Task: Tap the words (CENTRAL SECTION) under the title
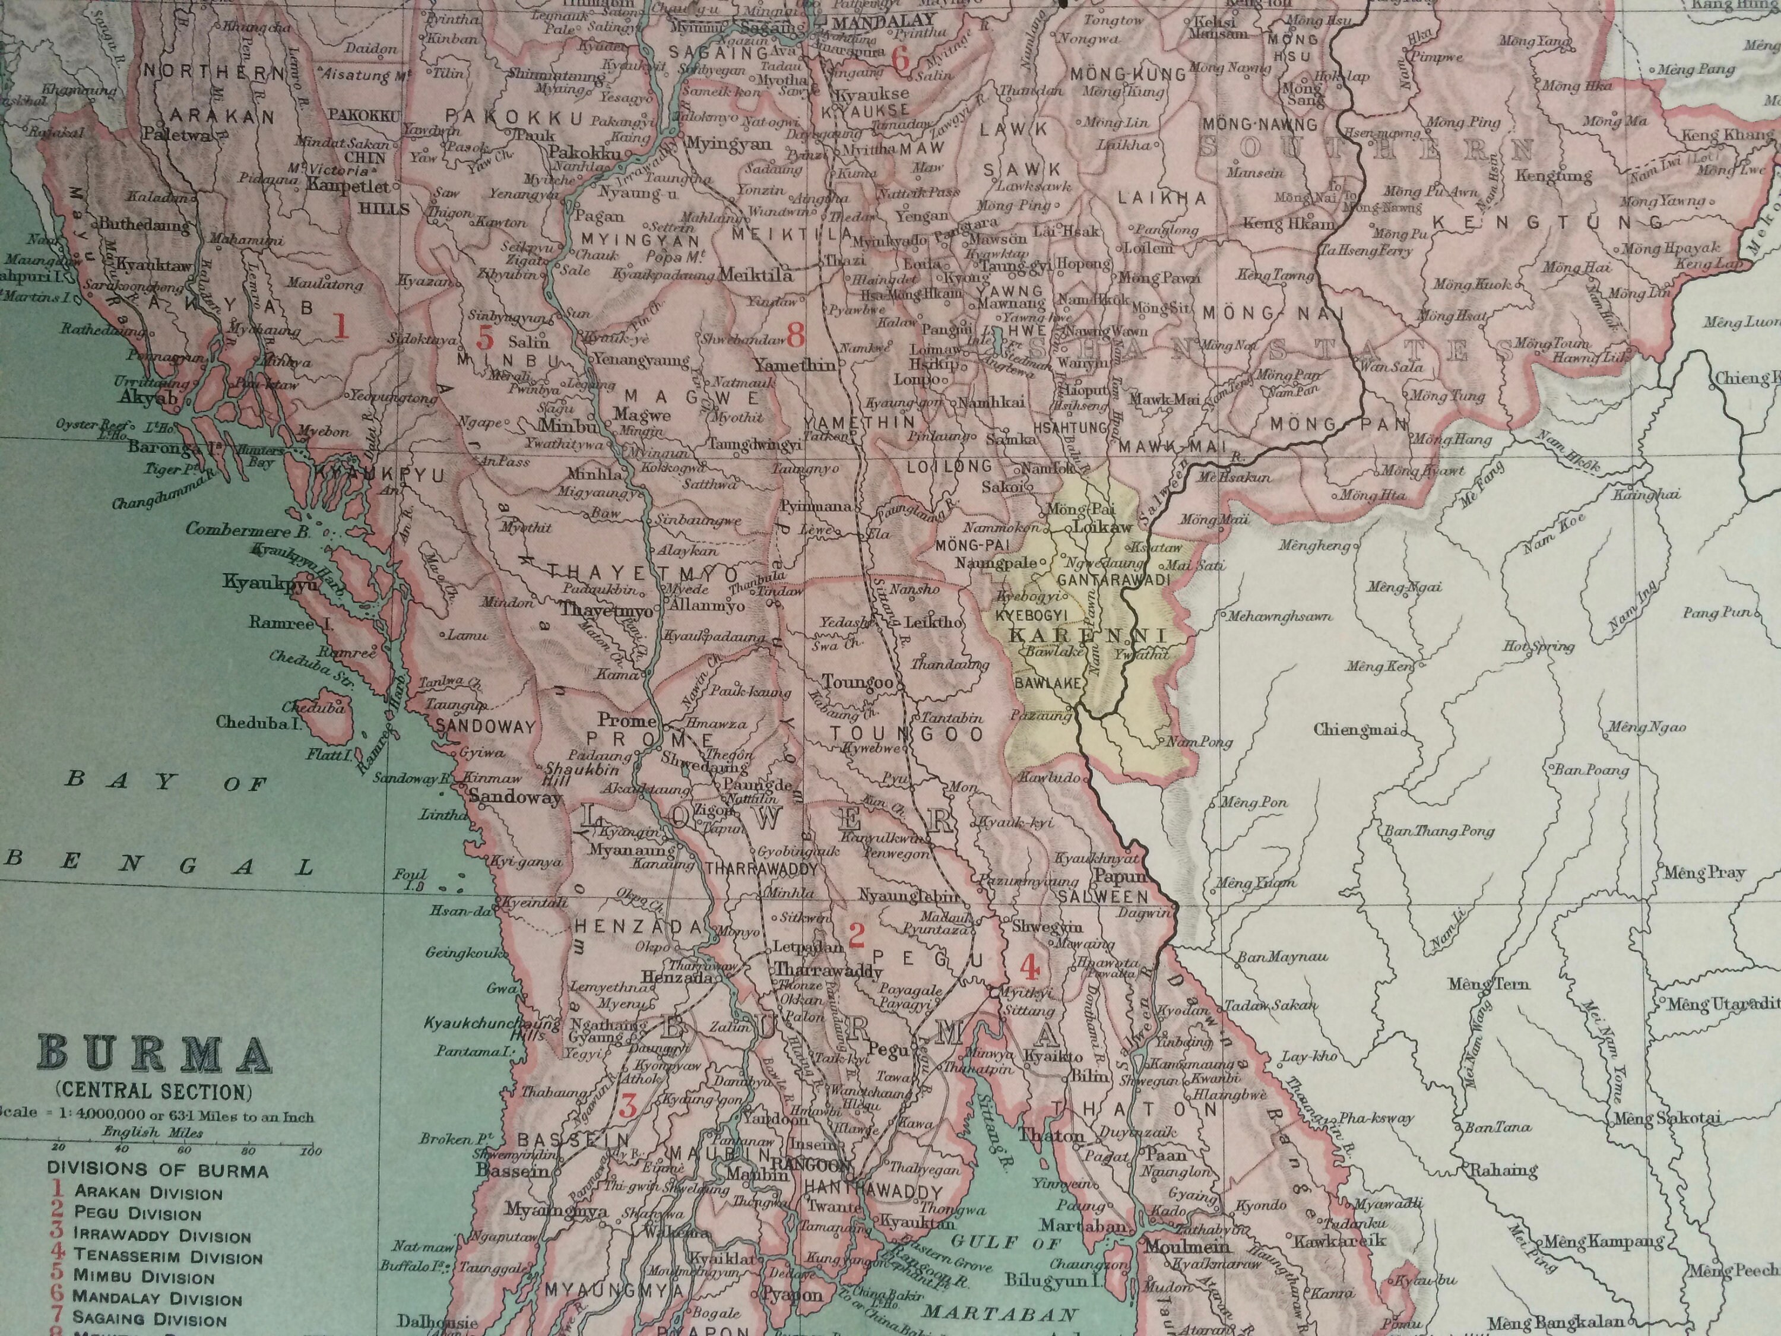coord(153,1092)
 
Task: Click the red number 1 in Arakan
coord(341,327)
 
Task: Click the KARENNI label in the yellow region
coord(1087,635)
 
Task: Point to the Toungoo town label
coord(857,683)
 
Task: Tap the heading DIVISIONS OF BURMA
coord(158,1169)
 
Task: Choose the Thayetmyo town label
coord(607,610)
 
